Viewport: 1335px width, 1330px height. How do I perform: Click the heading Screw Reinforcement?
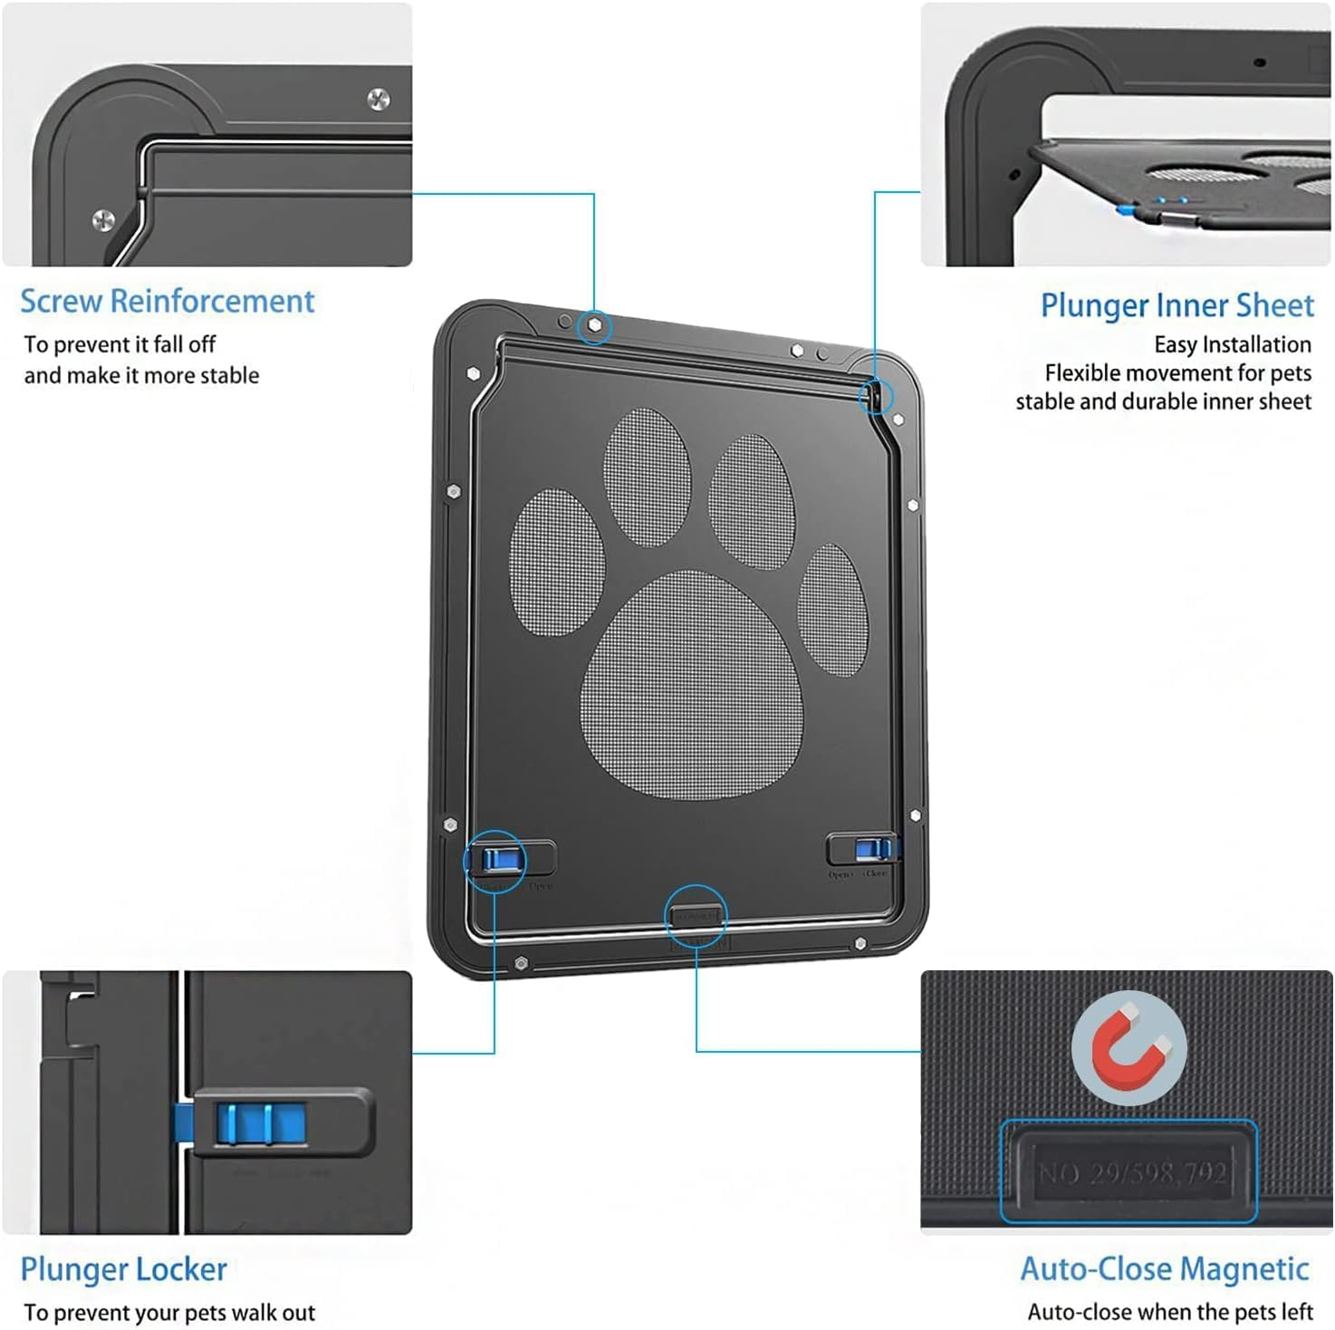pos(167,301)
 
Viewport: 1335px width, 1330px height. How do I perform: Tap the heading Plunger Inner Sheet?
pos(1176,305)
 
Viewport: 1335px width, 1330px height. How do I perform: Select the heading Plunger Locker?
pos(123,1269)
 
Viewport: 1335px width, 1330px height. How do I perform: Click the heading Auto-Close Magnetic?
pos(1164,1268)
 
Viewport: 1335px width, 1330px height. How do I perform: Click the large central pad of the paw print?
pos(693,684)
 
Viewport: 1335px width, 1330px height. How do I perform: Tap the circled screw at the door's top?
pos(594,325)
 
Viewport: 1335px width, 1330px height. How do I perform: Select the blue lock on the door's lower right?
pos(870,849)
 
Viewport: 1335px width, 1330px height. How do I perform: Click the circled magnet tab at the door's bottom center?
pos(696,916)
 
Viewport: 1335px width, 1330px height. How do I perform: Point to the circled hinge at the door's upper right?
pos(875,395)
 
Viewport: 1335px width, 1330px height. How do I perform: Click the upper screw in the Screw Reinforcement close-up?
pos(379,99)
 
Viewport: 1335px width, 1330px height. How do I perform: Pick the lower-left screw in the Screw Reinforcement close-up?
pos(104,219)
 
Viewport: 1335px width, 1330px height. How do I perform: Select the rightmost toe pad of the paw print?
pos(833,609)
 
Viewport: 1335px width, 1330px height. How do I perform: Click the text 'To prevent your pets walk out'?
pos(169,1313)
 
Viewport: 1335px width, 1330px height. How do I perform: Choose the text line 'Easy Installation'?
pos(1232,344)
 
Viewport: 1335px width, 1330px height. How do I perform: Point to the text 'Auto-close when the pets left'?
pos(1169,1312)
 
